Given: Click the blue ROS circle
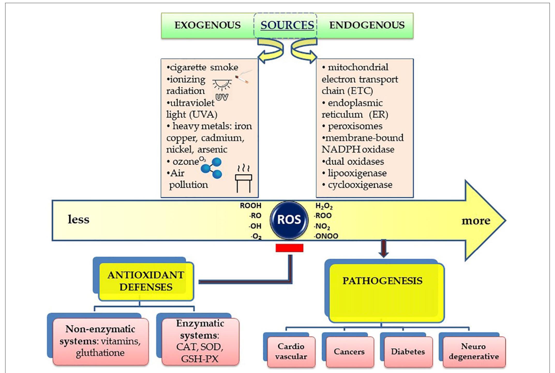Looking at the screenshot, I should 289,220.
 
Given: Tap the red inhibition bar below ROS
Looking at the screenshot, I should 289,248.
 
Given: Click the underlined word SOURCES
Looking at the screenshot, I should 287,25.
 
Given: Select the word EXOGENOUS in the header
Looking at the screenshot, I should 207,25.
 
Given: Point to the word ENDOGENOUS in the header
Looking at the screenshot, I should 367,25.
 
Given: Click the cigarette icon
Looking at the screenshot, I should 243,77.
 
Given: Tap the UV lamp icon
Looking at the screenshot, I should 222,89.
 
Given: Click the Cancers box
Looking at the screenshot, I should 349,352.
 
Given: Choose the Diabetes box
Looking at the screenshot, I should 408,352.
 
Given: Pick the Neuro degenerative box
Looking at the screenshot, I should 474,352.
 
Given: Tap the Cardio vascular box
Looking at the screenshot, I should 291,352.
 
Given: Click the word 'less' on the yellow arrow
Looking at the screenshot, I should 78,219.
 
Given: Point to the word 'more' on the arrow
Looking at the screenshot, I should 476,221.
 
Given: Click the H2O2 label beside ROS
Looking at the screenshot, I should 324,206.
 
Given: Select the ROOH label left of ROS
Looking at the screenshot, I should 250,205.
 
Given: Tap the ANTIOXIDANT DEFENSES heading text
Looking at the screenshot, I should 146,281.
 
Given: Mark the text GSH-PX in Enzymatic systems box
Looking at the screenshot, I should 200,359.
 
